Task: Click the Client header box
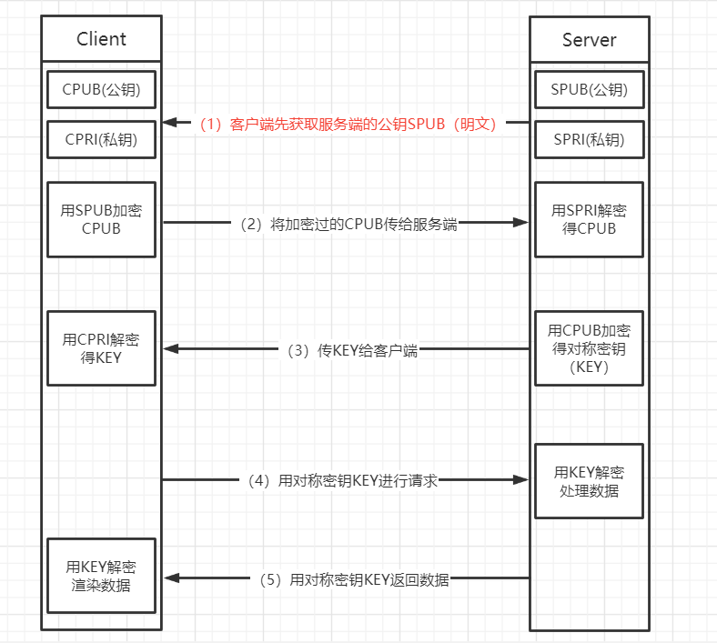(x=101, y=39)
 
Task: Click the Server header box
(x=589, y=40)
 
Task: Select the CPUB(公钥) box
(x=101, y=89)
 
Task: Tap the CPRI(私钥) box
(x=101, y=139)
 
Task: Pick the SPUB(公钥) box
(x=589, y=89)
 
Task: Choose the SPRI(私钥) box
(x=589, y=139)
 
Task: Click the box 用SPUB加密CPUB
(x=101, y=219)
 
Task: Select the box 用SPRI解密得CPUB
(x=589, y=219)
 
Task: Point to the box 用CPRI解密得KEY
(x=101, y=348)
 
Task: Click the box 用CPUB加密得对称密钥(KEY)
(x=589, y=348)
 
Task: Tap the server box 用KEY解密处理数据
(x=589, y=481)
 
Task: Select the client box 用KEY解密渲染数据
(x=101, y=575)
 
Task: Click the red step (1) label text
(x=348, y=124)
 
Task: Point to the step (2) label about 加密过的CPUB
(x=348, y=224)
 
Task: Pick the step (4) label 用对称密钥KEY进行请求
(x=343, y=480)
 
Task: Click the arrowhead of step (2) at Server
(x=521, y=222)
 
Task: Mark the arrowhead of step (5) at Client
(x=171, y=578)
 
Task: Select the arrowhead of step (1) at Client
(x=171, y=122)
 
